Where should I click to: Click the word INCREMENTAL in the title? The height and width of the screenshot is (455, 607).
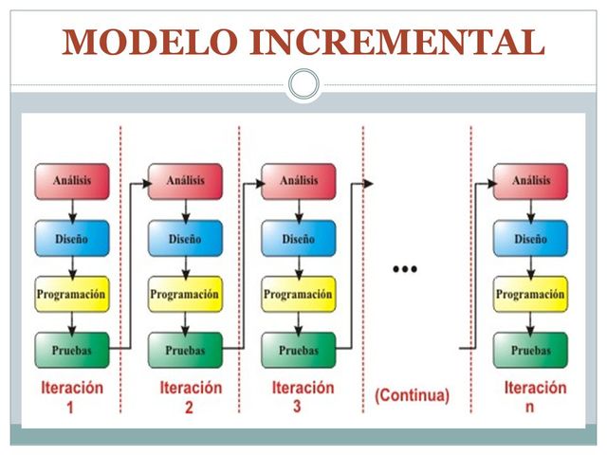tap(397, 42)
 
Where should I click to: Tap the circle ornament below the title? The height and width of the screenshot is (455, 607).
tap(303, 84)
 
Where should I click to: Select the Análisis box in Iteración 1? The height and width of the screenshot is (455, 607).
tap(72, 181)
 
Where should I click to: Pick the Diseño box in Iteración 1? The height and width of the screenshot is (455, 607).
tap(72, 239)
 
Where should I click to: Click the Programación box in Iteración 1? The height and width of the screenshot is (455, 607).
tap(72, 295)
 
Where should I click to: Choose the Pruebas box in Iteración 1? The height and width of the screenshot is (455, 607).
tap(72, 350)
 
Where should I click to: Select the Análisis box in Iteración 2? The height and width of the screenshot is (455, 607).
tap(185, 181)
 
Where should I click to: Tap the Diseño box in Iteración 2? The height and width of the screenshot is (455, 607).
tap(185, 239)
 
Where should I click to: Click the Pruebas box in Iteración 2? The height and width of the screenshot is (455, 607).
tap(185, 350)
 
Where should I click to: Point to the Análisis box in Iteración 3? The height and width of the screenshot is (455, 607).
tap(298, 181)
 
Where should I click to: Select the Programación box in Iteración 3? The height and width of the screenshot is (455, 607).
tap(298, 295)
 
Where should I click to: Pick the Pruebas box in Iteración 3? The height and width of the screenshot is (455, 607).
tap(298, 350)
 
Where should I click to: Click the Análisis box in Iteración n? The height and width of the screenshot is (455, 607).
tap(530, 181)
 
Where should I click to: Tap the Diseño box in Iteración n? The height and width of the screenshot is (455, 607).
tap(530, 239)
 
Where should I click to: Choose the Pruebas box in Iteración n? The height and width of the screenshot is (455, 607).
tap(530, 350)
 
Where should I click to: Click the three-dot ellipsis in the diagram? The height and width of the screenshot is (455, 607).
tap(405, 269)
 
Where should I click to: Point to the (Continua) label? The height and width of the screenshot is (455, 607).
tap(413, 394)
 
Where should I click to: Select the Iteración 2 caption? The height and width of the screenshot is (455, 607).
tap(190, 397)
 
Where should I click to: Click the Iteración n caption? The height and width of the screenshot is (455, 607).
tap(534, 397)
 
